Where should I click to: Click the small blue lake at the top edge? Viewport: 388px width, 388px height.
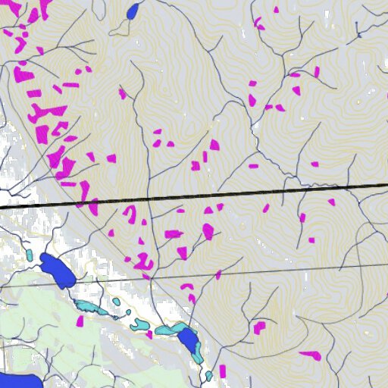pos(133,11)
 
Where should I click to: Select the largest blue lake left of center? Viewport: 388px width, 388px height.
pos(57,270)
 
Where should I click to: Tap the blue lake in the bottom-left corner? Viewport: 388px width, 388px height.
pos(17,380)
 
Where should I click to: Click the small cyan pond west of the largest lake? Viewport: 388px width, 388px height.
pos(29,255)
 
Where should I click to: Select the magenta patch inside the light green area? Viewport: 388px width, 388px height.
pos(80,321)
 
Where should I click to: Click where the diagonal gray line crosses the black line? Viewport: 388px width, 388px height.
pos(80,203)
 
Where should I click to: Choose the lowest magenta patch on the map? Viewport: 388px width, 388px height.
pos(223,371)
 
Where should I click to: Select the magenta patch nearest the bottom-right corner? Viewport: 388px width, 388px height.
pos(310,355)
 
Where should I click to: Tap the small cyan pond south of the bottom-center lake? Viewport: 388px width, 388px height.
pos(209,375)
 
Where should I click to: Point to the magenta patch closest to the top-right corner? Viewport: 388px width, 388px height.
pos(317,72)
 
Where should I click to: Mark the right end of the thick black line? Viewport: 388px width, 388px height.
pos(386,185)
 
